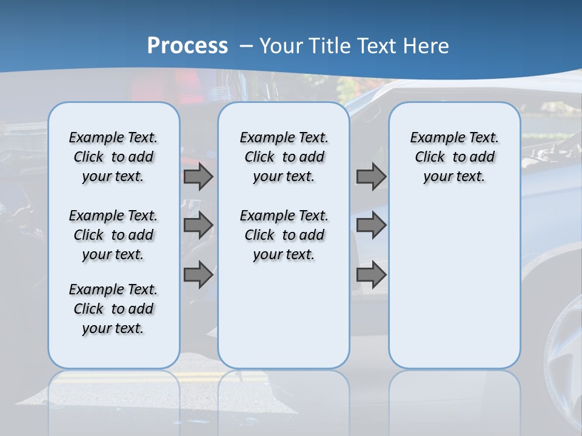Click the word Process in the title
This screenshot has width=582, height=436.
[187, 46]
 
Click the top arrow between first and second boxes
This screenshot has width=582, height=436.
[198, 177]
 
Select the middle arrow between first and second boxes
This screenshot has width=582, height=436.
[198, 226]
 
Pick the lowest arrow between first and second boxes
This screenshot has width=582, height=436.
[198, 274]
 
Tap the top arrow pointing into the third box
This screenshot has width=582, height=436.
[371, 177]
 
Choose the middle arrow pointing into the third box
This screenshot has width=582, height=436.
[371, 226]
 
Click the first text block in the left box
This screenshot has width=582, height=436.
[113, 157]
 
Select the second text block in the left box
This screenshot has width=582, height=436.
[113, 235]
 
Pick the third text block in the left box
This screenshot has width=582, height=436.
[113, 309]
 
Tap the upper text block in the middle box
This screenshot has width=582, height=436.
[284, 157]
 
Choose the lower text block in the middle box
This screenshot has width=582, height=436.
[284, 235]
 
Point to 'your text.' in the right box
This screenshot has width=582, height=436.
[454, 177]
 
